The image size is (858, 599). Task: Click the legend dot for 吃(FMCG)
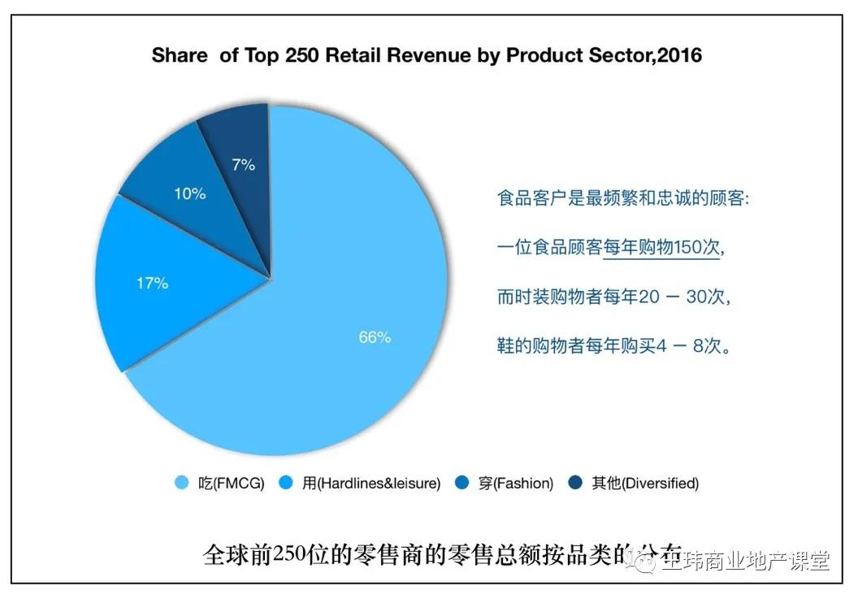pyautogui.click(x=183, y=484)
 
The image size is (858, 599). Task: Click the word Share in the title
pyautogui.click(x=180, y=56)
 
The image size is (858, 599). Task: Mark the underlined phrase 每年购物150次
pyautogui.click(x=661, y=248)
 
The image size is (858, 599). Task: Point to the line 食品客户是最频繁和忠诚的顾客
pyautogui.click(x=622, y=198)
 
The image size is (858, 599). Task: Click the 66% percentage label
pyautogui.click(x=375, y=336)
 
